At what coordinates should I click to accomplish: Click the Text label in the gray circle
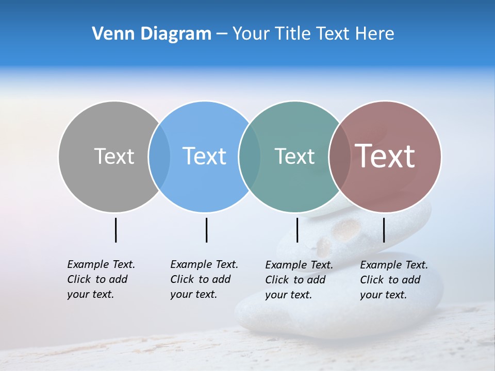pos(114,156)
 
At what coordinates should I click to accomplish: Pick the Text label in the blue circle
pos(204,156)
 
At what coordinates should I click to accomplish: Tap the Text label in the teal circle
pos(294,156)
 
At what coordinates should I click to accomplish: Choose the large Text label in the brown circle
pos(385,156)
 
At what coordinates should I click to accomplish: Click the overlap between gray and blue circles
pos(159,156)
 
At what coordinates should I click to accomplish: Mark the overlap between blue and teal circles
pos(250,156)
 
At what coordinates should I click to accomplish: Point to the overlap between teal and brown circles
pos(339,156)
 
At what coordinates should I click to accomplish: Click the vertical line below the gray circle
pos(115,230)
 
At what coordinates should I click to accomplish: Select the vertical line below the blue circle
pos(206,230)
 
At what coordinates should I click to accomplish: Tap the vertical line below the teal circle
pos(297,230)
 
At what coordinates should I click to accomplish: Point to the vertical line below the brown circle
pos(384,230)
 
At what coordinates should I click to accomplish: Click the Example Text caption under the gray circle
pos(101,279)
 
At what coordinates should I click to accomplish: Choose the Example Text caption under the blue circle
pos(204,279)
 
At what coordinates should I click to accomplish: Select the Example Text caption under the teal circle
pos(299,280)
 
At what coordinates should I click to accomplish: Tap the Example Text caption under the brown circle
pos(394,280)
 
